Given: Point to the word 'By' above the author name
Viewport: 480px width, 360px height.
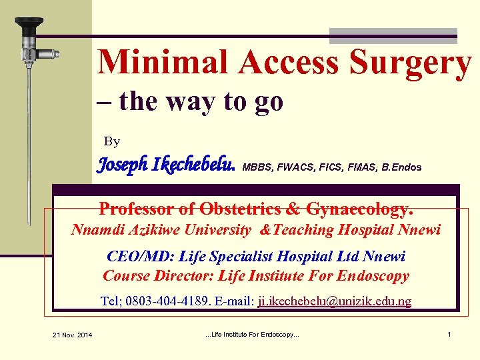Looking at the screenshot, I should (x=112, y=141).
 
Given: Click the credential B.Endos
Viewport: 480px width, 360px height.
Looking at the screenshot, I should (x=401, y=167).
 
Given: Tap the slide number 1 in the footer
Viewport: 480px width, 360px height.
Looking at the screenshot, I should (x=449, y=334).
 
